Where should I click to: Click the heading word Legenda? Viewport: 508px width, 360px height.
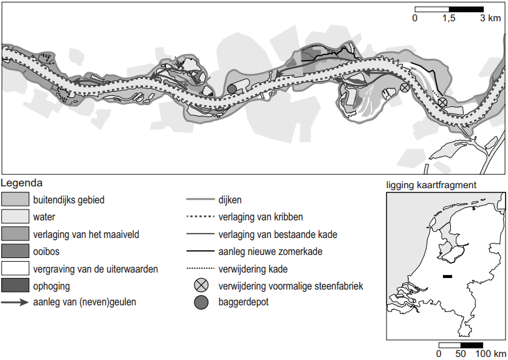coord(22,182)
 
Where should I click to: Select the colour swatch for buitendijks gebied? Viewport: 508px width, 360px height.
coord(15,199)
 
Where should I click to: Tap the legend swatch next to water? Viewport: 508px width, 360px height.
coord(15,216)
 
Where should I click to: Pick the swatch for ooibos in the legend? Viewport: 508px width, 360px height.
coord(15,250)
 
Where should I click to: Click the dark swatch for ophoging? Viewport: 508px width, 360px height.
coord(15,285)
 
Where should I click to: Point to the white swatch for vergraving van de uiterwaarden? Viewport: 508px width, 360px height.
coord(15,268)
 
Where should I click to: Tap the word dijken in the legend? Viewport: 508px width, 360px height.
coord(232,199)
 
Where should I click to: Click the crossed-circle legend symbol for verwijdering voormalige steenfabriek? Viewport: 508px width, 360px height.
coord(200,285)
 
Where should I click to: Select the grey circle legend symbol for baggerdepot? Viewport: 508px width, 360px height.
coord(200,303)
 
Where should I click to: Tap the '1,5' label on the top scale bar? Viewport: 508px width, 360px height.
coord(448,19)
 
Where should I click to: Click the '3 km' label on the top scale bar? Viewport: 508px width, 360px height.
coord(491,19)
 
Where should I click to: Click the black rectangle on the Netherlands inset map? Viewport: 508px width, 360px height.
coord(448,277)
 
